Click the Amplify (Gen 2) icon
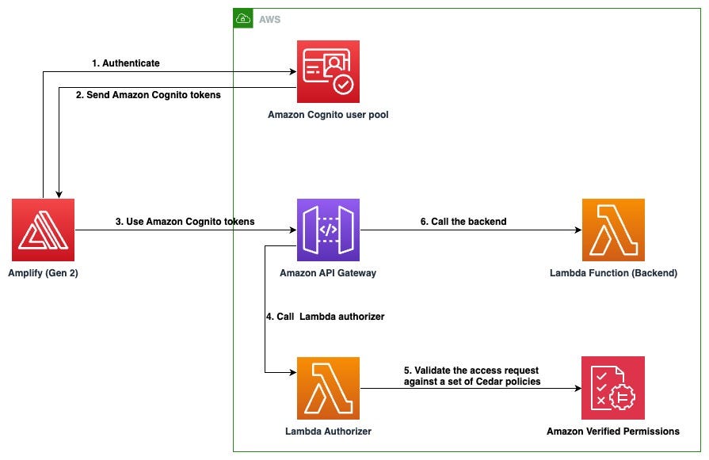(43, 230)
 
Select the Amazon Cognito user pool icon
(328, 72)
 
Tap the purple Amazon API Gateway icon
(328, 230)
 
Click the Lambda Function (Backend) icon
(613, 230)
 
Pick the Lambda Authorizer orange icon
(328, 388)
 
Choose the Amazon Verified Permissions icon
(613, 388)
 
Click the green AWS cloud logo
(242, 18)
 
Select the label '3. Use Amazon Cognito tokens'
(185, 222)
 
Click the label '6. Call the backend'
(463, 222)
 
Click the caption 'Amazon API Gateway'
(328, 273)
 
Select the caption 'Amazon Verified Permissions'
(613, 431)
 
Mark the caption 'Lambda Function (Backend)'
(613, 273)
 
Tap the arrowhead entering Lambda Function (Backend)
(577, 230)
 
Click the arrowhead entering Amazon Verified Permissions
(577, 388)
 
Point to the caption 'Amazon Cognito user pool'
(328, 115)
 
